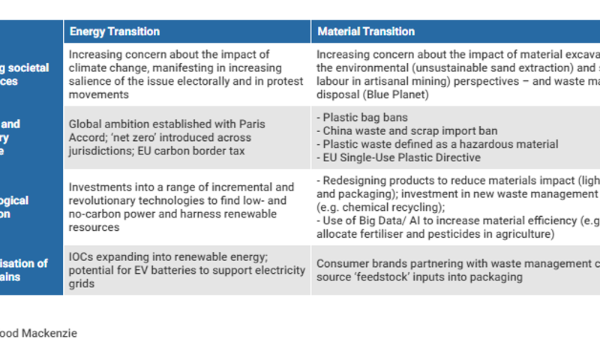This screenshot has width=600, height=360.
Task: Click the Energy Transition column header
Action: pyautogui.click(x=114, y=31)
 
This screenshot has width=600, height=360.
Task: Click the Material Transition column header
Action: pyautogui.click(x=366, y=31)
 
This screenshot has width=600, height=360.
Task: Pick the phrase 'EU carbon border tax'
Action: pyautogui.click(x=205, y=151)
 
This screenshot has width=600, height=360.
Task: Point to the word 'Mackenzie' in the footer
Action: pyautogui.click(x=53, y=333)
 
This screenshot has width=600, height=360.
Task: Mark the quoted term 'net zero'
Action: pyautogui.click(x=112, y=138)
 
